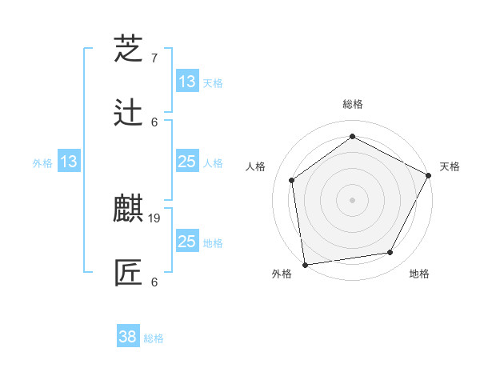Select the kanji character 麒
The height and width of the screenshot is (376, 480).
pyautogui.click(x=129, y=209)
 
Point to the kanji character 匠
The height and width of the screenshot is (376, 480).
pyautogui.click(x=129, y=273)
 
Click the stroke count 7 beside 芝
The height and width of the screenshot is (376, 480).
pyautogui.click(x=154, y=58)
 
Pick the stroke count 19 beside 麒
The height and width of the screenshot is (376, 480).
pyautogui.click(x=156, y=218)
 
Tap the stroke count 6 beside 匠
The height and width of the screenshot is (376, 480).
pyautogui.click(x=154, y=282)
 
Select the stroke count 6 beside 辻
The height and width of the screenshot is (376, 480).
pyautogui.click(x=154, y=122)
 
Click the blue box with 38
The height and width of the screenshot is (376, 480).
pyautogui.click(x=128, y=337)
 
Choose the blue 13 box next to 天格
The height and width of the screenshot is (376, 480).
pyautogui.click(x=186, y=81)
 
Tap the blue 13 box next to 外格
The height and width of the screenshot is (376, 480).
pyautogui.click(x=69, y=162)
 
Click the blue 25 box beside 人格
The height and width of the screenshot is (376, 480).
pyautogui.click(x=186, y=162)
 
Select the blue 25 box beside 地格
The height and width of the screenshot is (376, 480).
pyautogui.click(x=186, y=242)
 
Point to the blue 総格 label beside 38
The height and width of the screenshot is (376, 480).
pyautogui.click(x=154, y=338)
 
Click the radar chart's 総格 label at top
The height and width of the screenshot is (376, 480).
pyautogui.click(x=353, y=104)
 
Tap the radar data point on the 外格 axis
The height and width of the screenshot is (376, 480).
pyautogui.click(x=305, y=264)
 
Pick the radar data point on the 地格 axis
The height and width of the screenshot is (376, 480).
pyautogui.click(x=390, y=252)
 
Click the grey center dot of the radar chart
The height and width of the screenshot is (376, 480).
pyautogui.click(x=353, y=199)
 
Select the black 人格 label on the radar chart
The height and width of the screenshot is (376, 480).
pyautogui.click(x=256, y=166)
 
